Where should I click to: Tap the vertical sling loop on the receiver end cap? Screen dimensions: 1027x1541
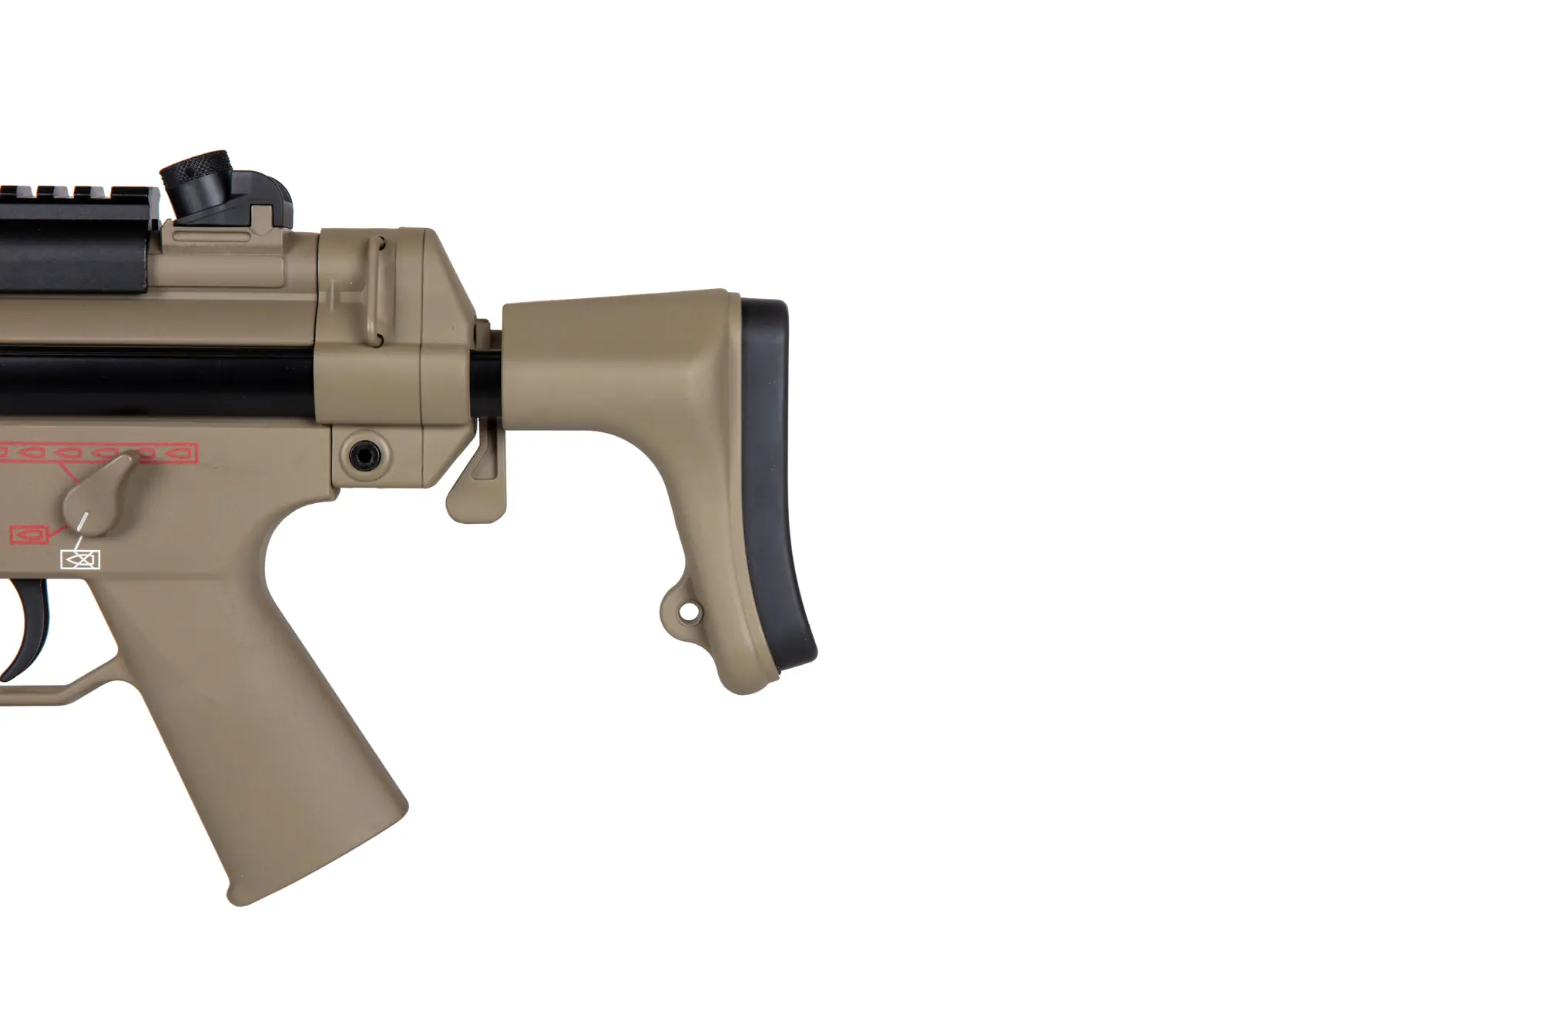(377, 285)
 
